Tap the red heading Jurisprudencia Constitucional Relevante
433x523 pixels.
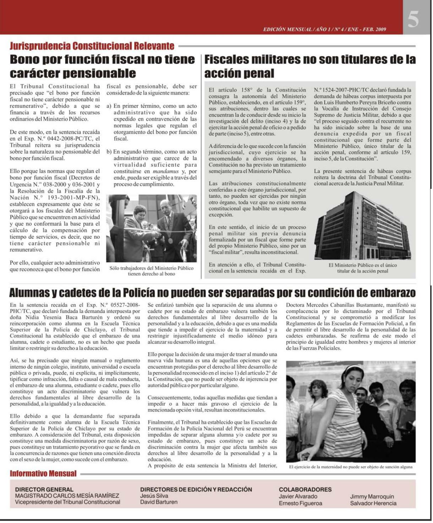(x=92, y=46)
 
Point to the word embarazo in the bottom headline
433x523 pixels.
(x=393, y=293)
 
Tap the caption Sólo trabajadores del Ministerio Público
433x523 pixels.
(x=151, y=268)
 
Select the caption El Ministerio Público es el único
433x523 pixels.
(x=363, y=265)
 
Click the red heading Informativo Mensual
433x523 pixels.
(x=43, y=474)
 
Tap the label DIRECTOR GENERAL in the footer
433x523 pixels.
(x=44, y=489)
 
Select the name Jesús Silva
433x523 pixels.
(x=154, y=496)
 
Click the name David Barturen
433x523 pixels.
(x=159, y=502)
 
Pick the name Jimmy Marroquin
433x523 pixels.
(x=372, y=496)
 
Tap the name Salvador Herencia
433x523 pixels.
(x=373, y=503)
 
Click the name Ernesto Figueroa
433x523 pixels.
(x=301, y=503)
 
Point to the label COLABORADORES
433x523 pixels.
(x=305, y=489)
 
